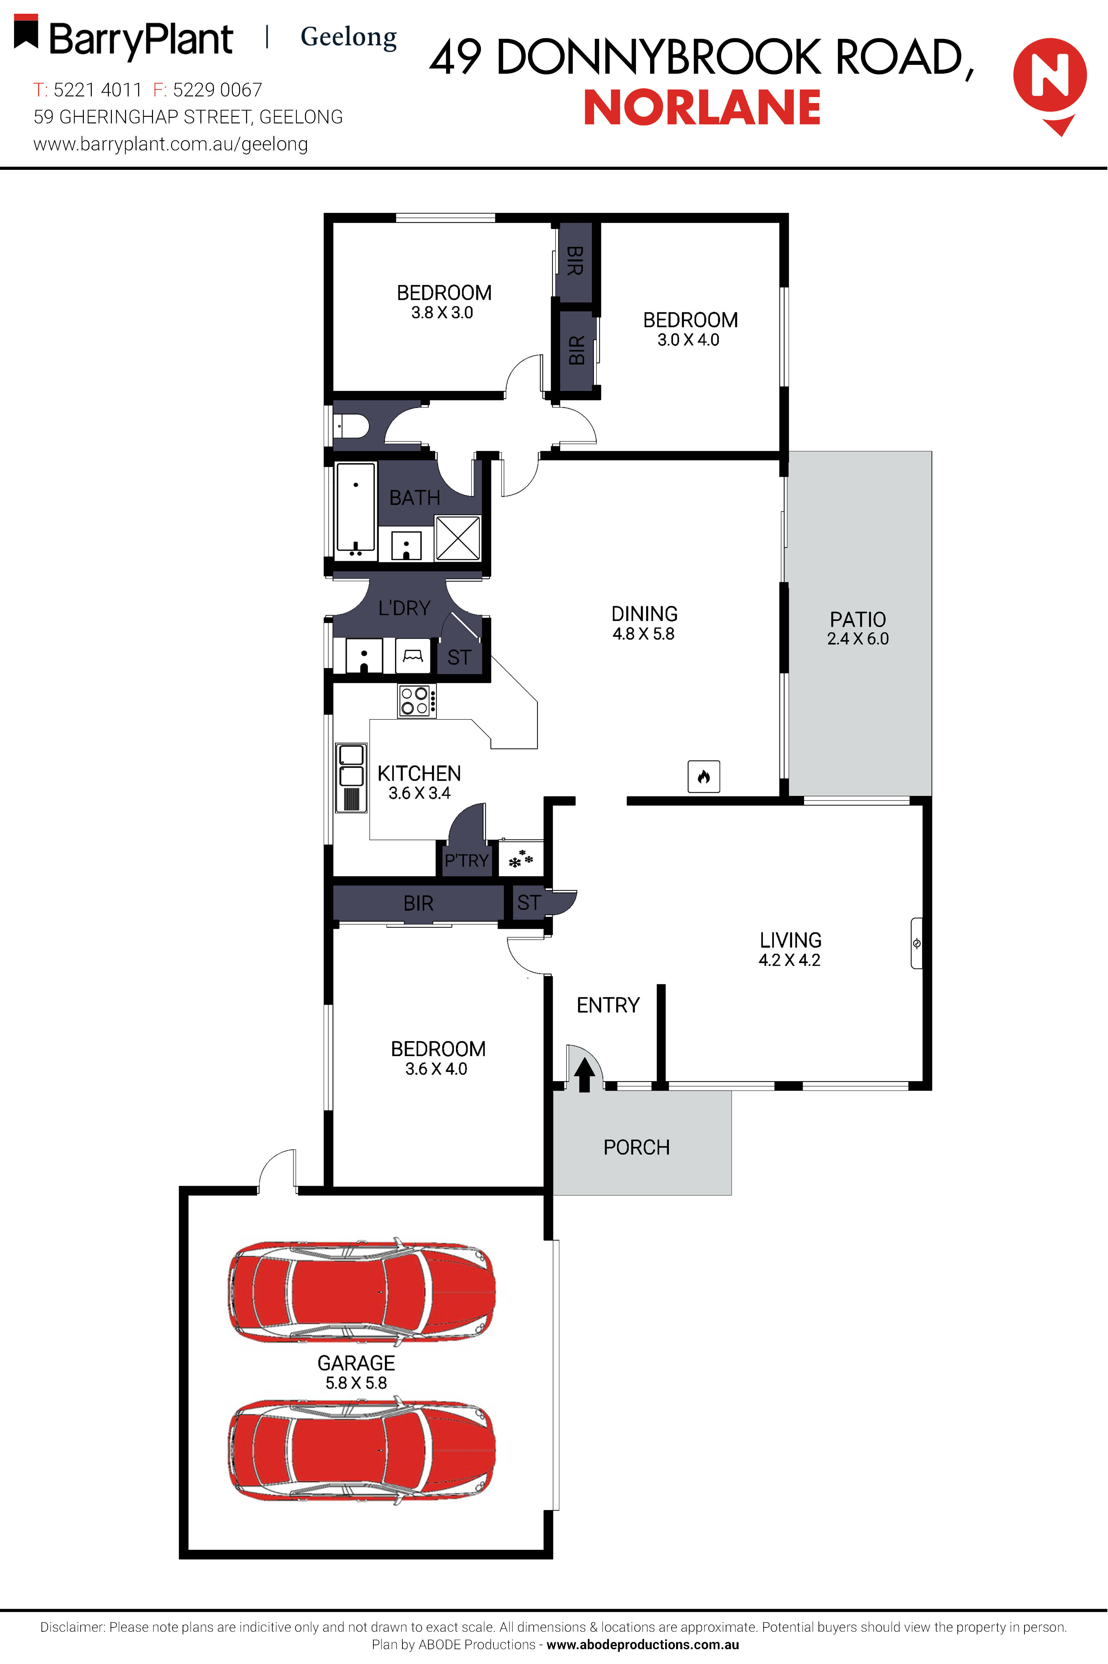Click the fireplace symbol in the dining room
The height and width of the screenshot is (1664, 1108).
(x=703, y=776)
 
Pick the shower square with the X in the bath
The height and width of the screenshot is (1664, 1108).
(x=458, y=538)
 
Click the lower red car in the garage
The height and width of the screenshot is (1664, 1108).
(x=361, y=1449)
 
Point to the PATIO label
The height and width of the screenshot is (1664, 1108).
(x=857, y=619)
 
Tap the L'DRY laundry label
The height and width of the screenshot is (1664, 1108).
(x=404, y=608)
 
